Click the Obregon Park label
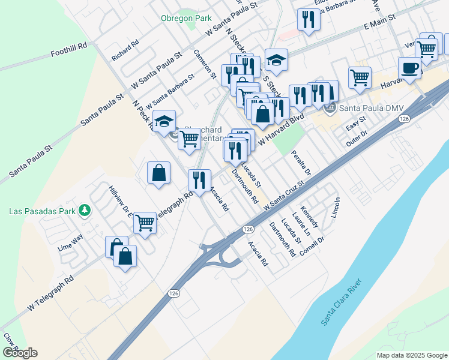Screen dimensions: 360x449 coord(185,18)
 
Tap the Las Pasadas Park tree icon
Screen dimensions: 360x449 coord(85,210)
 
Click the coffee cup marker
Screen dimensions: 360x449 coord(409,68)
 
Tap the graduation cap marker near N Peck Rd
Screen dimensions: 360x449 coord(164,122)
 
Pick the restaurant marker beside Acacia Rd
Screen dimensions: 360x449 coord(199,179)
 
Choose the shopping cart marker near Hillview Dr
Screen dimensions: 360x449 coord(145,223)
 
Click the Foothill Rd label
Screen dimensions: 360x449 coord(69,46)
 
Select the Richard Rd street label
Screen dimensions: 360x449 coord(125,50)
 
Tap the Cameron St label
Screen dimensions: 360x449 coord(205,64)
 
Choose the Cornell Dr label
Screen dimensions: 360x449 coord(312,246)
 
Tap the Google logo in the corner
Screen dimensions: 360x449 coord(20,353)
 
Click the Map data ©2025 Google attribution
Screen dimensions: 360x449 coord(411,355)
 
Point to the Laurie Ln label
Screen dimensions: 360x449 coord(302,223)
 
